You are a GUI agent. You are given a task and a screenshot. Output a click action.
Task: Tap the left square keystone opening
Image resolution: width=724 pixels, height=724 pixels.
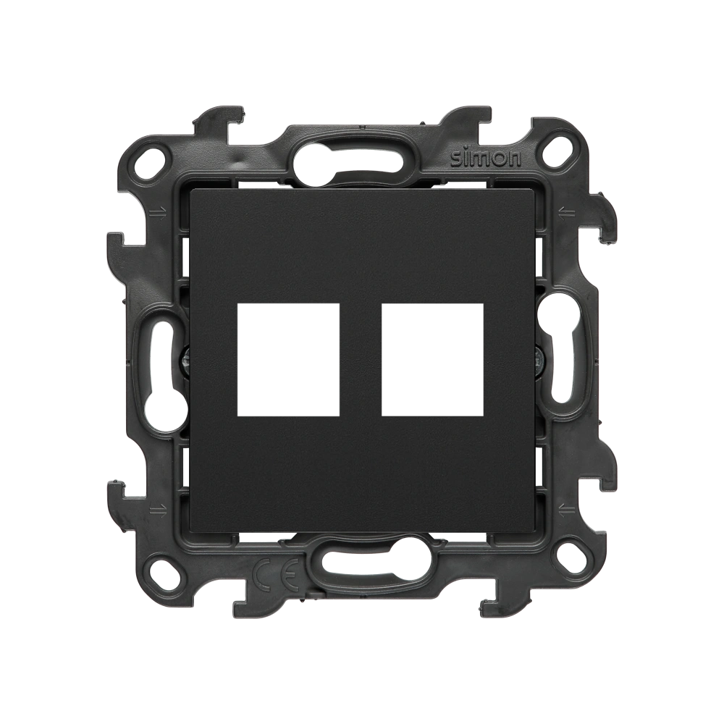click(288, 360)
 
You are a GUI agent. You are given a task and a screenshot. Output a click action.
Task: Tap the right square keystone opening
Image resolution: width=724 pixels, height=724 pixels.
click(433, 360)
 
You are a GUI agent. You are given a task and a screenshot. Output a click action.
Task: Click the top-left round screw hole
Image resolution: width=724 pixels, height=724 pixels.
click(152, 156)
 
